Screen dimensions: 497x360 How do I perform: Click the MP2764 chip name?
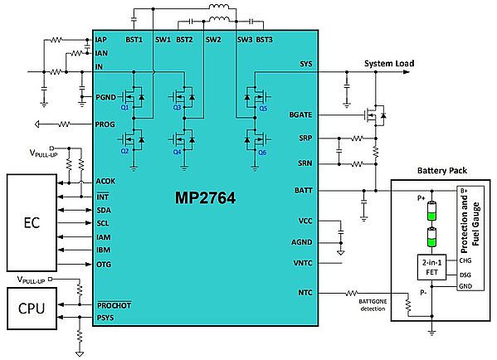click(x=205, y=198)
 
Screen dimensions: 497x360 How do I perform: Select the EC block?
click(x=32, y=222)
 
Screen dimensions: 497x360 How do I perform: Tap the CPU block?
click(x=32, y=308)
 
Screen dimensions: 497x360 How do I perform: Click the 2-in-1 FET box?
click(x=431, y=267)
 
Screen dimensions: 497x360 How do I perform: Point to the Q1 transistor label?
click(x=124, y=108)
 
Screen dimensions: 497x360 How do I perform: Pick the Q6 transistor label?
click(x=262, y=153)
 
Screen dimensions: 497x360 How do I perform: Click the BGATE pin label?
click(x=300, y=114)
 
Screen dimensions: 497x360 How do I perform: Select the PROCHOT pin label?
click(x=115, y=305)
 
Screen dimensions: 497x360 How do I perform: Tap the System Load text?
click(x=389, y=63)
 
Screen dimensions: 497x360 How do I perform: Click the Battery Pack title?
click(x=442, y=171)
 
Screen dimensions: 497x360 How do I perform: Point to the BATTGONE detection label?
click(x=373, y=305)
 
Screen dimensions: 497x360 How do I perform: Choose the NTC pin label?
click(x=305, y=293)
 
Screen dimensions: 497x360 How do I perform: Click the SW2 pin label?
click(x=213, y=40)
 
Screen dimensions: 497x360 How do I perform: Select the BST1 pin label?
click(x=134, y=40)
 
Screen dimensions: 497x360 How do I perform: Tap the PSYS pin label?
click(x=105, y=318)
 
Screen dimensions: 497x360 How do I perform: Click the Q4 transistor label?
click(x=177, y=153)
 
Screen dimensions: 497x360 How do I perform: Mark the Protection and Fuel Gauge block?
click(x=470, y=238)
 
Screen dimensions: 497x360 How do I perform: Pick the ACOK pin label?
click(x=105, y=182)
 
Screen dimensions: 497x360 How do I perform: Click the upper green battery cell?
click(x=431, y=211)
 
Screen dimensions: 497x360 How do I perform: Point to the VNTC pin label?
click(x=303, y=263)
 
